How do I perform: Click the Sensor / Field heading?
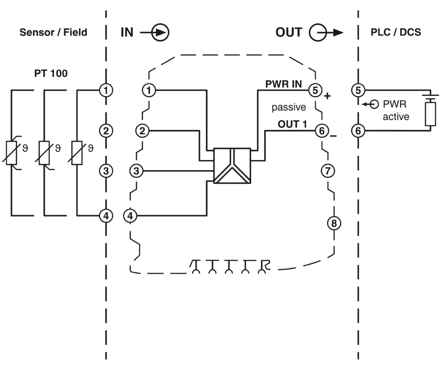(53, 33)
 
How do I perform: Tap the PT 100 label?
(51, 74)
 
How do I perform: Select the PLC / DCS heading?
(396, 33)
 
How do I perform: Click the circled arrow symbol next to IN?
(160, 33)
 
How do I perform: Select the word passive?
(289, 107)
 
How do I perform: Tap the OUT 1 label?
(293, 124)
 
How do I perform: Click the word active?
(396, 117)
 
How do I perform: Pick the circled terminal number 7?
(327, 170)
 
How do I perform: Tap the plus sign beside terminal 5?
(328, 96)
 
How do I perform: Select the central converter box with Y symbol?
(232, 166)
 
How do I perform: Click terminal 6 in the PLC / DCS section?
(358, 131)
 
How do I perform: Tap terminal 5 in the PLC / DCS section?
(358, 90)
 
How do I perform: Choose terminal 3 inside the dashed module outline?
(137, 170)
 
